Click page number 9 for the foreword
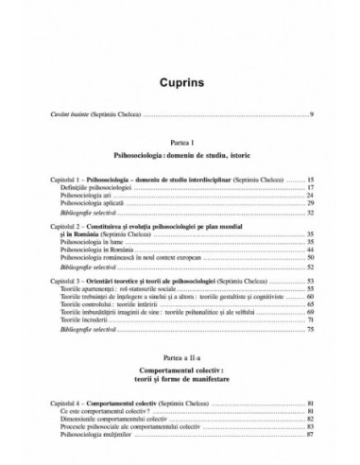(312, 114)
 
